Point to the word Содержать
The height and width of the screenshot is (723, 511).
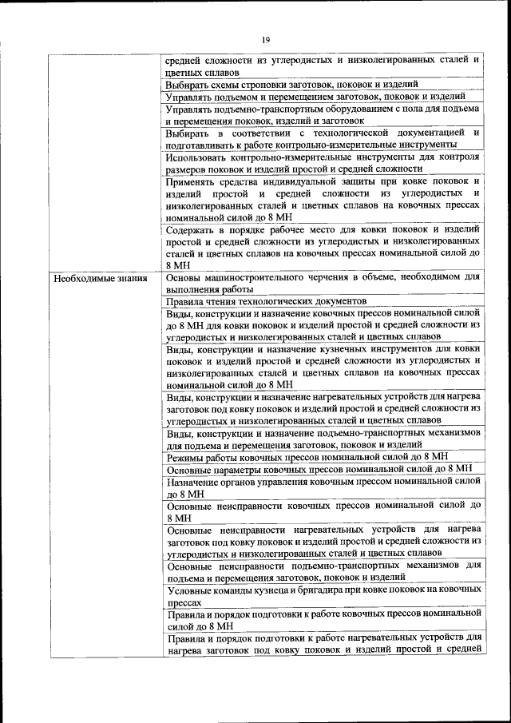tap(190, 229)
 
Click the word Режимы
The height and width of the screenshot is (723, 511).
tap(185, 456)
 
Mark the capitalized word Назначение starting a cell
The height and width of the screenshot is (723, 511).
tap(196, 482)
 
